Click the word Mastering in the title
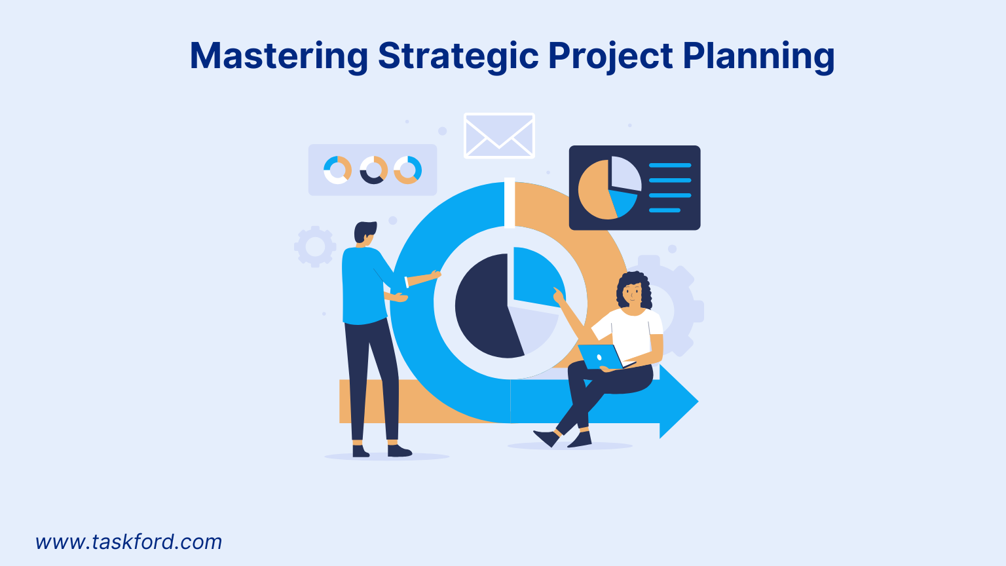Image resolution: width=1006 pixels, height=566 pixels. point(278,56)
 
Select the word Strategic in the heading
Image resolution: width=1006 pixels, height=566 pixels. point(458,56)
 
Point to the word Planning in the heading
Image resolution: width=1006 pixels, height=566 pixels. point(758,56)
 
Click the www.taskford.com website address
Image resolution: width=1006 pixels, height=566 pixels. point(129,542)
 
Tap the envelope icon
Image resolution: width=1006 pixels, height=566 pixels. point(499,136)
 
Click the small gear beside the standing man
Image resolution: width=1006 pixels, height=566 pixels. point(315,246)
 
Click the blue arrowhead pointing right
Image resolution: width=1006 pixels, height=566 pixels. point(678,401)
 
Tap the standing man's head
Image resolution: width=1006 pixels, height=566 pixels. point(365,233)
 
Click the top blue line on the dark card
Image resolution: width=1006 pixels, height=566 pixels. point(669,165)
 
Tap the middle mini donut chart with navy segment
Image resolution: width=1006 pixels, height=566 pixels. point(373,170)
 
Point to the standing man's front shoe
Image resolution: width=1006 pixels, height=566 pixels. point(398,451)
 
